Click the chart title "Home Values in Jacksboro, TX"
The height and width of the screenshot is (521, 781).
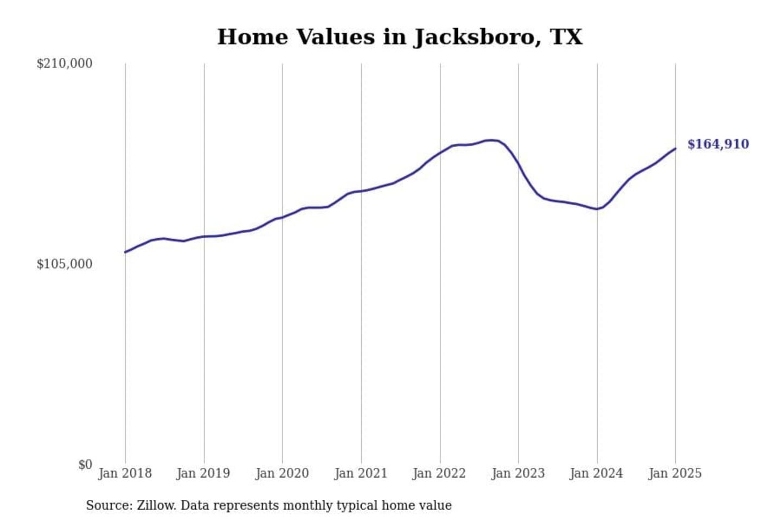click(x=400, y=37)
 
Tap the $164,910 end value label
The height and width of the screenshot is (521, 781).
click(x=718, y=144)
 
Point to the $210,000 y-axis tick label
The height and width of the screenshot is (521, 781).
click(x=64, y=63)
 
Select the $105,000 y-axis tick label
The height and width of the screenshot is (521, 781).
click(x=64, y=264)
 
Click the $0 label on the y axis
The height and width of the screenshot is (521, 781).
click(x=85, y=465)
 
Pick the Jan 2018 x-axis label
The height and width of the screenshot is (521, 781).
click(x=125, y=473)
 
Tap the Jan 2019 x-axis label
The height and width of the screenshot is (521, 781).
click(x=203, y=473)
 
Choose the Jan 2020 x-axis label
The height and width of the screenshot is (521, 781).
click(x=282, y=473)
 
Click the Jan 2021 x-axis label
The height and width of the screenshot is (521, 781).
click(x=361, y=473)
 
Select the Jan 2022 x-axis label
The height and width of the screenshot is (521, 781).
click(x=439, y=473)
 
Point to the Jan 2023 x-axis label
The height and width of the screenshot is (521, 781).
click(x=518, y=473)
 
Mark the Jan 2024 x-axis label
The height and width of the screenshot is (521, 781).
click(x=597, y=473)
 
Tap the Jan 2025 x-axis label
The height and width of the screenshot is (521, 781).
click(x=675, y=473)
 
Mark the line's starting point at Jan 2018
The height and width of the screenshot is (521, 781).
click(x=125, y=252)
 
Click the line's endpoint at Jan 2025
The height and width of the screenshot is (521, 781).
click(x=675, y=148)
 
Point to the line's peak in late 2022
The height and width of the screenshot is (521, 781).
click(x=491, y=140)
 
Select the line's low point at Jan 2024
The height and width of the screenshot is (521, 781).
click(x=597, y=209)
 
